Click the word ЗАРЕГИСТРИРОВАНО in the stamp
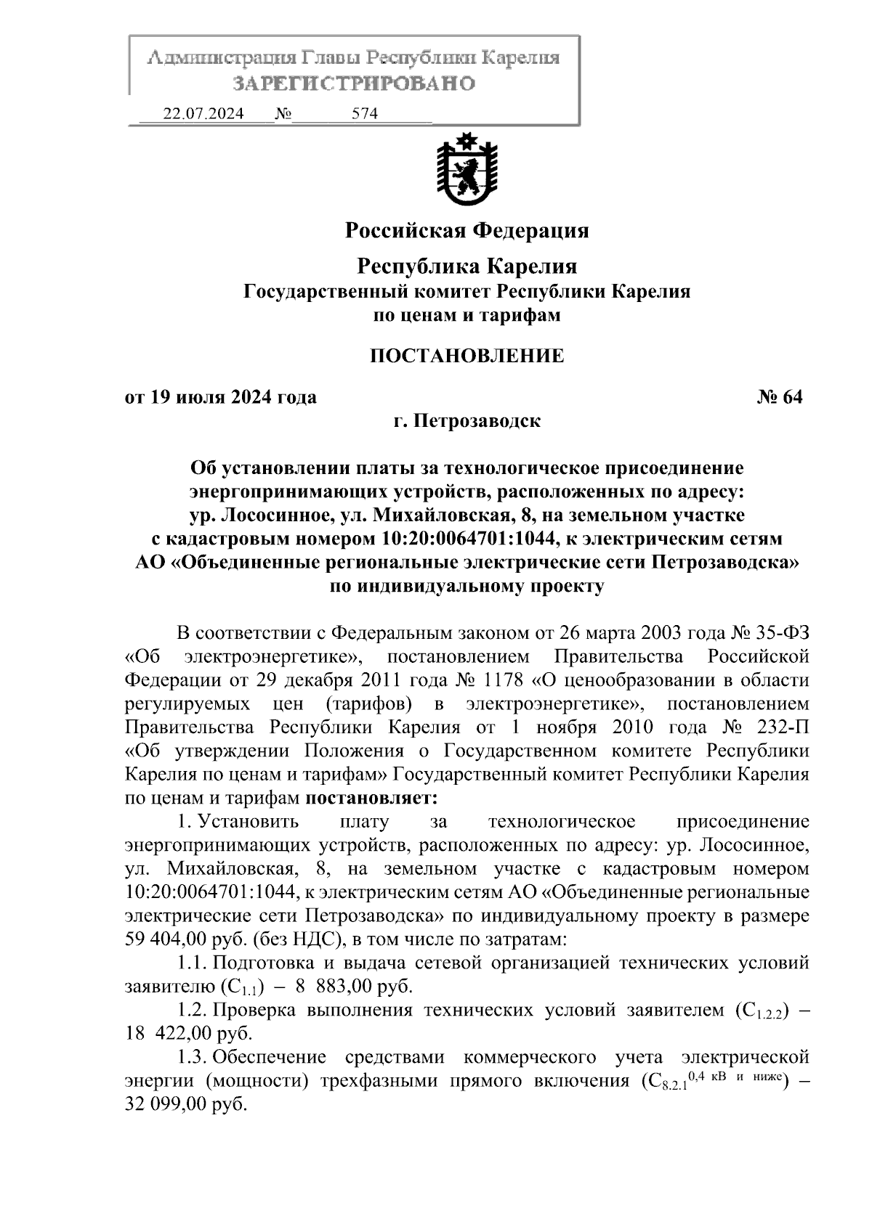tap(354, 83)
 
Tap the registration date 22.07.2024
tap(203, 114)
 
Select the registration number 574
tap(365, 114)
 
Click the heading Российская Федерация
tap(467, 231)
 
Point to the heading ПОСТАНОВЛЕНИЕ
tap(467, 356)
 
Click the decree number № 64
tap(780, 397)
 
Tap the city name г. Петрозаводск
tap(467, 420)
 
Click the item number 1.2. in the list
tap(193, 1011)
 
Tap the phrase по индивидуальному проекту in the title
tap(467, 586)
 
